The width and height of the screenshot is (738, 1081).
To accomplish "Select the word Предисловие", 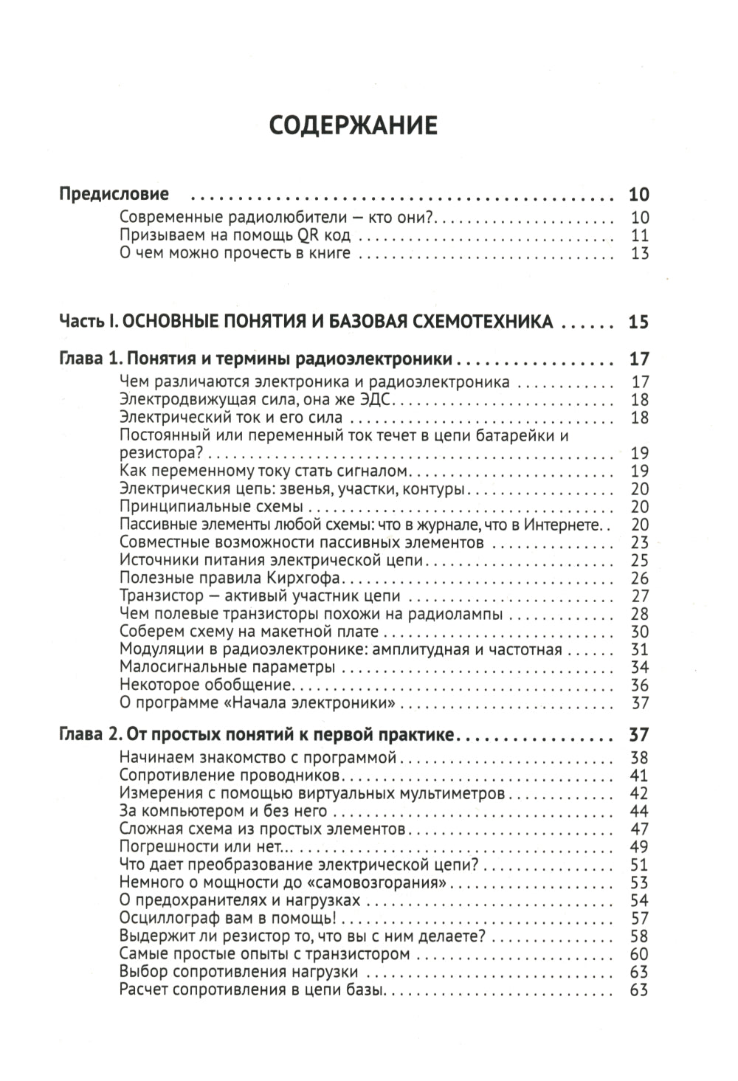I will (114, 194).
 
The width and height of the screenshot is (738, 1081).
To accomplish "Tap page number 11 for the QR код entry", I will (639, 236).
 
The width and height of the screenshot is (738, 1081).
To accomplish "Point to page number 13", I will (639, 254).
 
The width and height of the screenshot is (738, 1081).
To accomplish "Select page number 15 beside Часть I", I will (638, 322).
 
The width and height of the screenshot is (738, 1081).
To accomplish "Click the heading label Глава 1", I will (88, 360).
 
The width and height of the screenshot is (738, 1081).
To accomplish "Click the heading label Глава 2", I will (88, 735).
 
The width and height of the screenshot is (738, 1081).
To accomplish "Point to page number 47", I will (639, 829).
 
